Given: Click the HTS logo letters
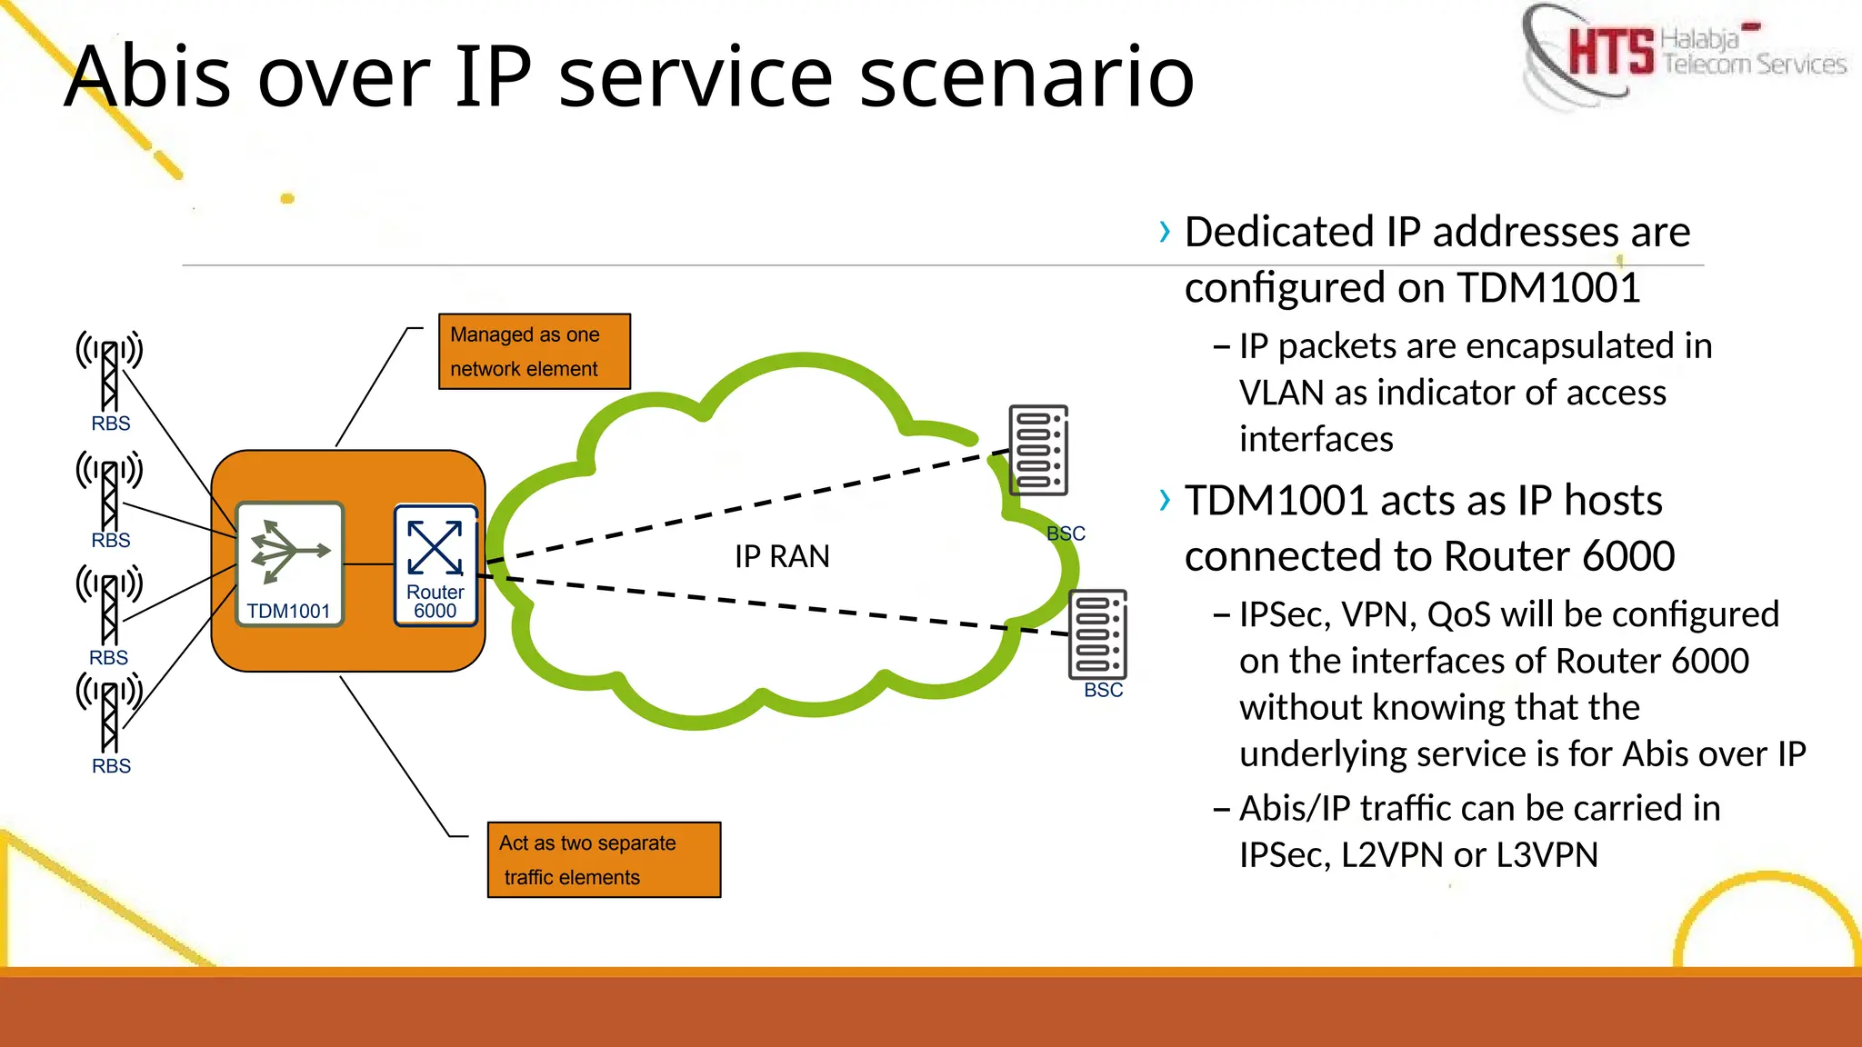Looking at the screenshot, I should coord(1610,51).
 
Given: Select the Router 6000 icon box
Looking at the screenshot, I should coord(435,564).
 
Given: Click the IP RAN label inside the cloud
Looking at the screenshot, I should coord(782,556).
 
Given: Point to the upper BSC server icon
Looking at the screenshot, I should coord(1038,450).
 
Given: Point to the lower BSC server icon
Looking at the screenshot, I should coord(1097,634).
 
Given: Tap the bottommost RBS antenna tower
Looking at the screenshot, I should coord(109,713).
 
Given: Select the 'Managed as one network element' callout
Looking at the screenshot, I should coord(534,352).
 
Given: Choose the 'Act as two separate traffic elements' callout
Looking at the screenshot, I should coord(604,860).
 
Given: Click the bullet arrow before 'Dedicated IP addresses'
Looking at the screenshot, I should coord(1165,233).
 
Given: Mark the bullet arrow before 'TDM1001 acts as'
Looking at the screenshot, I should coord(1165,501).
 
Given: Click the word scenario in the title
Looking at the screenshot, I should coord(1026,76).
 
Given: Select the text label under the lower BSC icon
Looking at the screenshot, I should coord(1103,691).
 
